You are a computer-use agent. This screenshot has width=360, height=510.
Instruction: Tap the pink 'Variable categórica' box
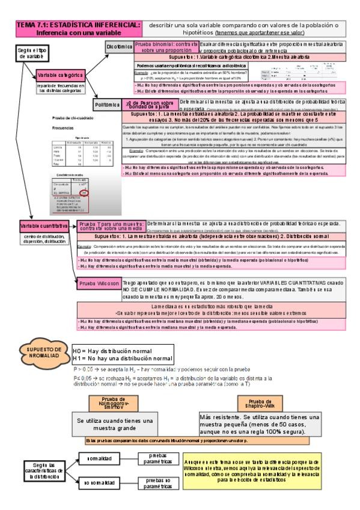point(59,75)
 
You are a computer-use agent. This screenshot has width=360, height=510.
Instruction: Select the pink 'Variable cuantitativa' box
point(43,226)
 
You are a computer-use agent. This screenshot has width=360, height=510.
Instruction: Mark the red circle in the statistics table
point(84,192)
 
